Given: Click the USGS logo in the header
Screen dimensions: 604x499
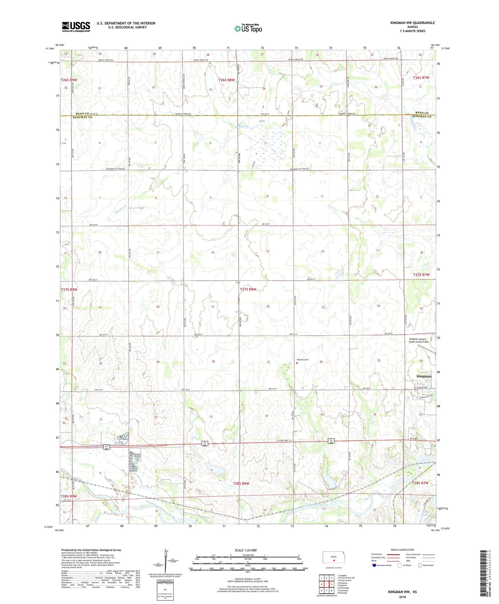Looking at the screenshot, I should point(76,27).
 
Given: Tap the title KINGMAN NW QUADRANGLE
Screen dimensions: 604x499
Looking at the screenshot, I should point(412,23).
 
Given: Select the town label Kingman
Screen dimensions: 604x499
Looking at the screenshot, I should point(424,376).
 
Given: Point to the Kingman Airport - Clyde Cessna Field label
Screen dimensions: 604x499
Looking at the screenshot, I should point(419,340).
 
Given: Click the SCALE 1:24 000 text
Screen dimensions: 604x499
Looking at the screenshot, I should point(245,550).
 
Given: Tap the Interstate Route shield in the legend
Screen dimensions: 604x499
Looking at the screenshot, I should point(375,566).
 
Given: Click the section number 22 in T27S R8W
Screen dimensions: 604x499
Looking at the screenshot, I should point(268,306).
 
